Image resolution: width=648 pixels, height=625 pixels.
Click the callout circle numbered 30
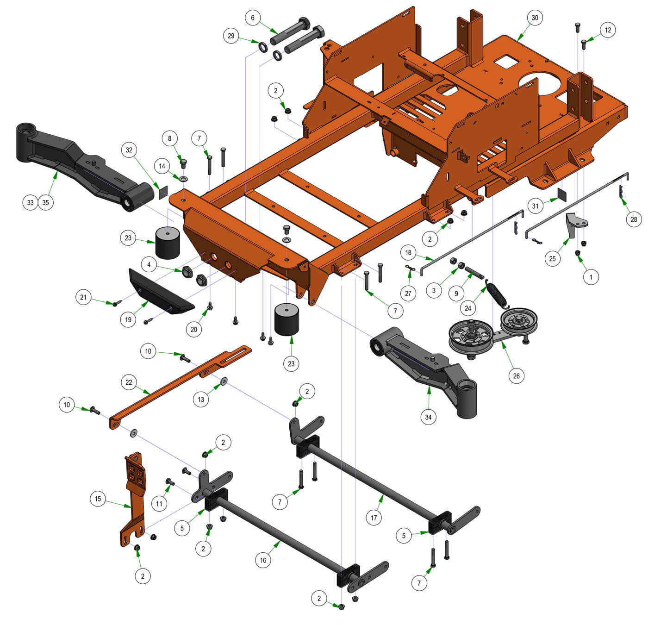535,18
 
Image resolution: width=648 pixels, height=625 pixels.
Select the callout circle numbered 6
252,18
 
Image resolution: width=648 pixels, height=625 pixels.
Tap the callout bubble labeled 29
231,36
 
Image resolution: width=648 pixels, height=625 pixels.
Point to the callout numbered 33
30,203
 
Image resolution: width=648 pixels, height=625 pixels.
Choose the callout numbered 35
46,203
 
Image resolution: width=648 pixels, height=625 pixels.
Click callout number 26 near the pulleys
516,376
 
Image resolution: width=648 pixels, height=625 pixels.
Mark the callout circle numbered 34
428,417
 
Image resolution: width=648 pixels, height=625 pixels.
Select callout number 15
98,499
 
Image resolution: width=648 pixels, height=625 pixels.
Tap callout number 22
129,382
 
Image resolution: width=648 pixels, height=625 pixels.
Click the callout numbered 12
608,30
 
